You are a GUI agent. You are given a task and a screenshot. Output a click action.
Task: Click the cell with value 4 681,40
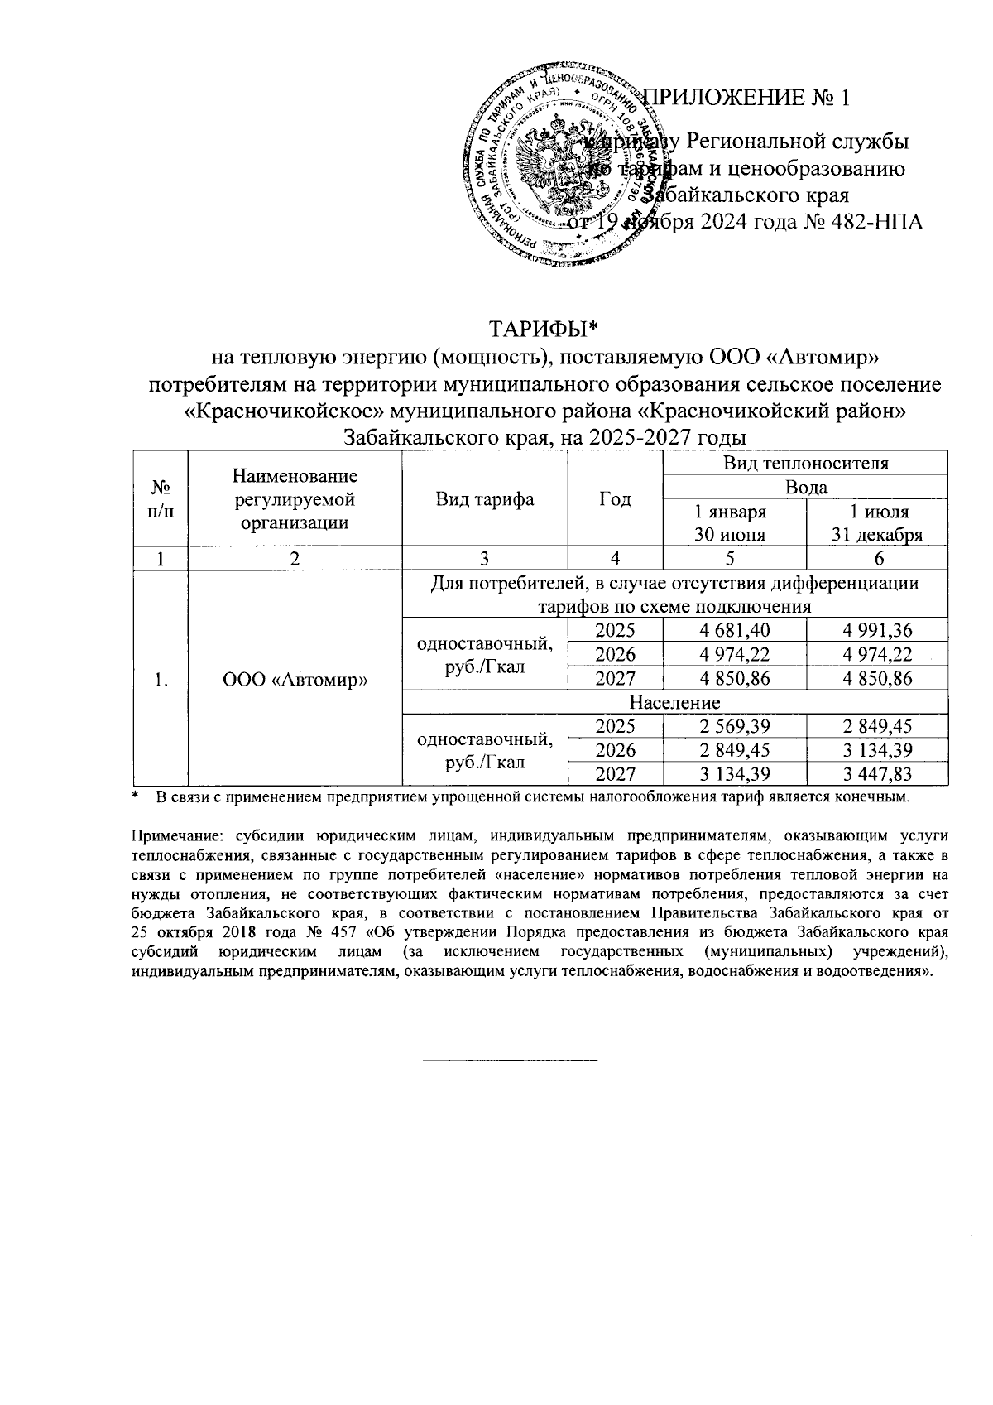tap(734, 630)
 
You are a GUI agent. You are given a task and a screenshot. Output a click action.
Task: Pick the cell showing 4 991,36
tap(876, 630)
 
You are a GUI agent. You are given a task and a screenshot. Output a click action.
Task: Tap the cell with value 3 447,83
tap(876, 773)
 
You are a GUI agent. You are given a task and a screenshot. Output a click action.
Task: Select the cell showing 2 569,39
tap(734, 726)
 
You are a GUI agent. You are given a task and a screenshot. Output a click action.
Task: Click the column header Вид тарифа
tap(484, 498)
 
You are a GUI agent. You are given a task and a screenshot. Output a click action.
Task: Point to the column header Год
tap(614, 498)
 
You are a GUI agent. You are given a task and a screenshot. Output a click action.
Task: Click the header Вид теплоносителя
tap(805, 463)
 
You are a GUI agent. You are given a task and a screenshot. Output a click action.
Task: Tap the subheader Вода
tap(805, 487)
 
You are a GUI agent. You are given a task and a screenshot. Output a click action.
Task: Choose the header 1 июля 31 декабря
tap(876, 522)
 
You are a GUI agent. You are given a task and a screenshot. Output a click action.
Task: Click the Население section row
tap(674, 702)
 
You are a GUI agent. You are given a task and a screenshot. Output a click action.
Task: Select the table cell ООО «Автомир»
tap(295, 679)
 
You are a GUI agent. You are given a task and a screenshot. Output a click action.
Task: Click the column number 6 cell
tap(876, 559)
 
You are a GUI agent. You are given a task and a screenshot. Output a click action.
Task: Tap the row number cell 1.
tap(161, 679)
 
